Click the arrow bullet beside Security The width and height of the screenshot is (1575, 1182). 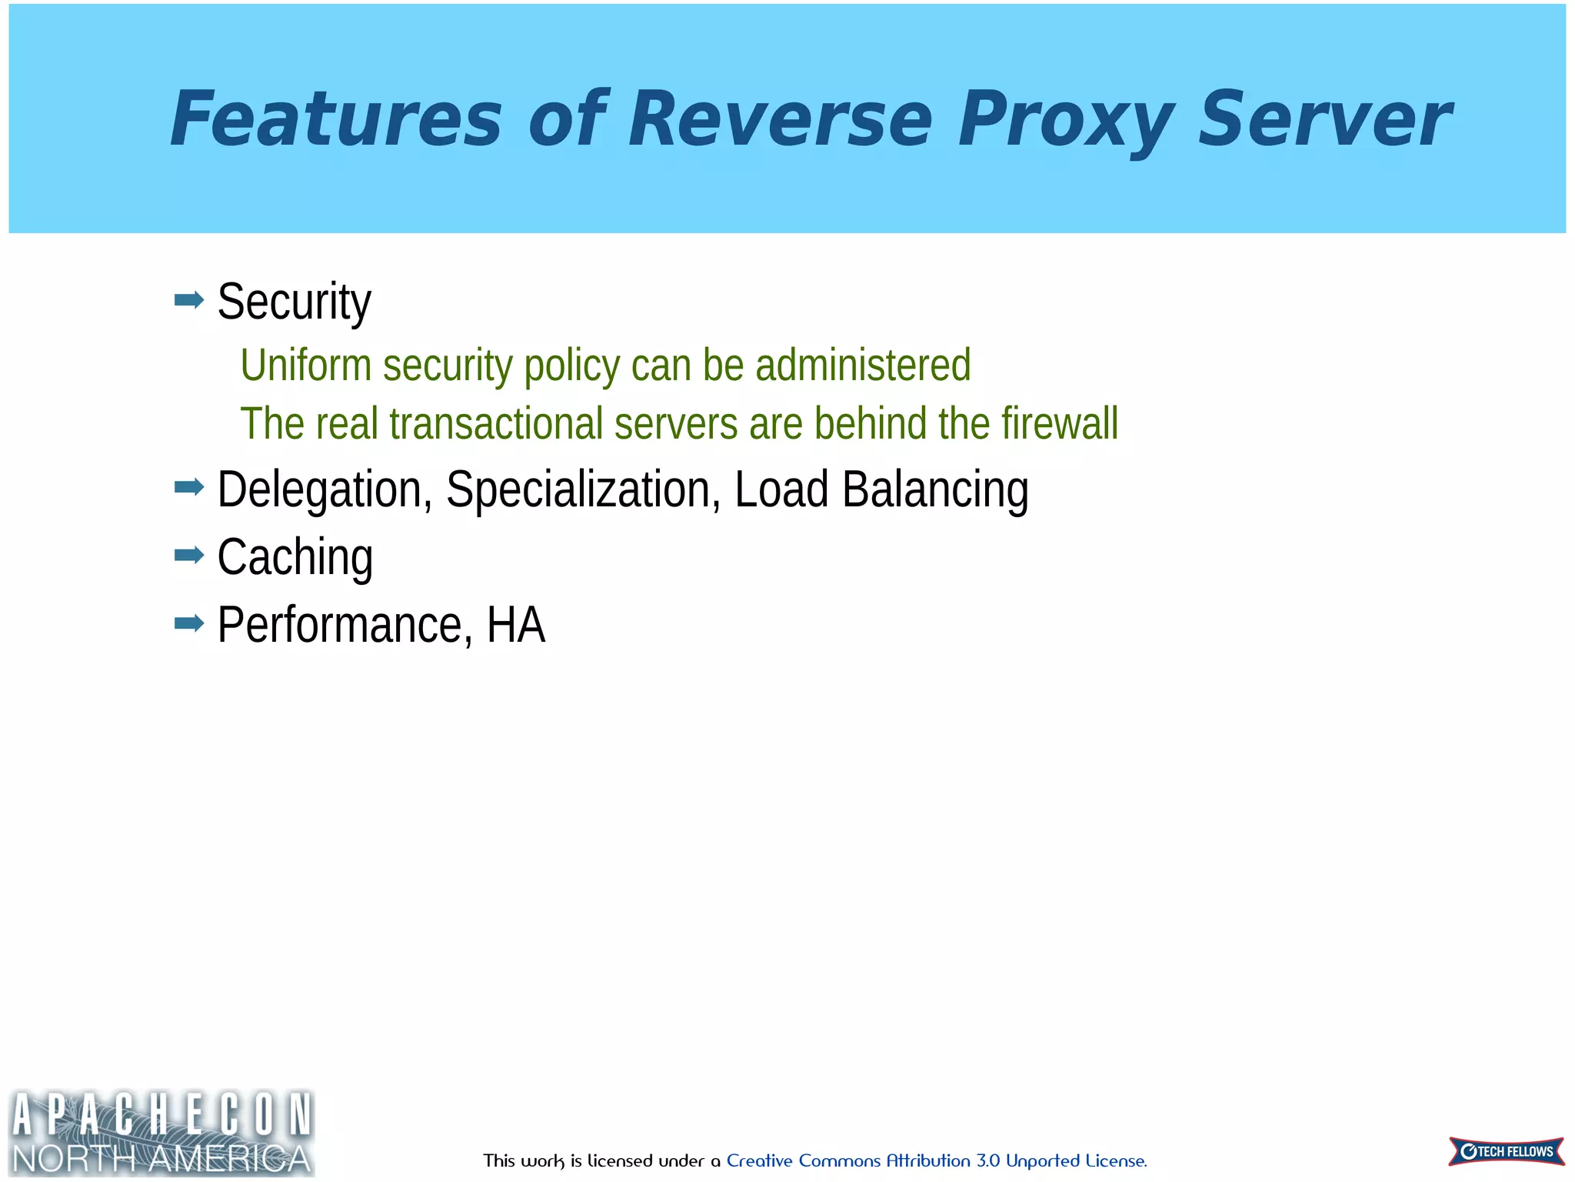tap(189, 299)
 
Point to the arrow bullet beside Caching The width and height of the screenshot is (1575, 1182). tap(189, 555)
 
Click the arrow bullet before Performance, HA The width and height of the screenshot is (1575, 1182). tap(189, 623)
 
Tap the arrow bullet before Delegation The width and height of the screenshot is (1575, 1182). tap(189, 487)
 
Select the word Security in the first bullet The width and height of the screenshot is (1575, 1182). tap(294, 302)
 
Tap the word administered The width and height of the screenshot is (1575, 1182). tap(863, 365)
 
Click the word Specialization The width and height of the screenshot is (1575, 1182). tap(583, 489)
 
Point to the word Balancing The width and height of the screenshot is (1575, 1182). tap(934, 489)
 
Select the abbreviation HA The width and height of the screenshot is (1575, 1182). tap(515, 624)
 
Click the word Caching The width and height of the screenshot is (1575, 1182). tap(295, 557)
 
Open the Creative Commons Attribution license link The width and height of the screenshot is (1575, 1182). tap(936, 1160)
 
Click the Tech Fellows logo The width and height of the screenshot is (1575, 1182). tap(1506, 1151)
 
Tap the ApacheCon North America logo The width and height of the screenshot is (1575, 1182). tap(161, 1133)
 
